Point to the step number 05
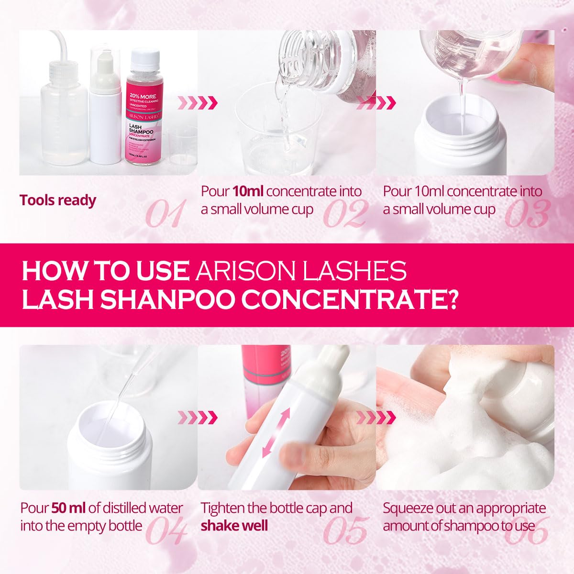[345, 530]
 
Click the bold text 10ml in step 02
[248, 191]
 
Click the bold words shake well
[234, 526]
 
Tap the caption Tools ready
[58, 200]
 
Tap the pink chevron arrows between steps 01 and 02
[197, 102]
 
